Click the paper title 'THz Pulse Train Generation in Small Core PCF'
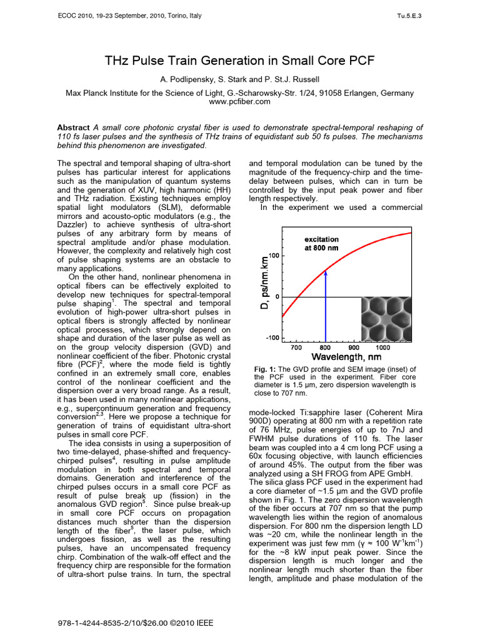[x=239, y=61]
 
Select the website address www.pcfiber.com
[x=239, y=101]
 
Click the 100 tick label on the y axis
[x=274, y=256]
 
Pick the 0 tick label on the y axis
[x=277, y=297]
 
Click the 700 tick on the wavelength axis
[x=296, y=347]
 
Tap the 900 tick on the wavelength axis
[x=354, y=347]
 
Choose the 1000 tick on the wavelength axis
[x=382, y=347]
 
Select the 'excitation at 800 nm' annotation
[x=322, y=243]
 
